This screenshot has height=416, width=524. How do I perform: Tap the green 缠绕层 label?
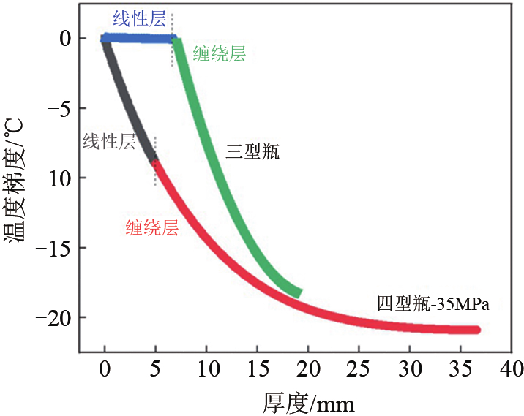pyautogui.click(x=219, y=53)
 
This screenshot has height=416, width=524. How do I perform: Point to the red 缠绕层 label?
pyautogui.click(x=152, y=227)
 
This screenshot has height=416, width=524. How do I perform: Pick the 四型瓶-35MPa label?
pyautogui.click(x=433, y=303)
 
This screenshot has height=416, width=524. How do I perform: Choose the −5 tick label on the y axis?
pyautogui.click(x=58, y=108)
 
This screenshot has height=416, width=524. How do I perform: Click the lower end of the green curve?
pyautogui.click(x=298, y=293)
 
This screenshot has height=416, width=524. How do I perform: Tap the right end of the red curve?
pyautogui.click(x=476, y=330)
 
